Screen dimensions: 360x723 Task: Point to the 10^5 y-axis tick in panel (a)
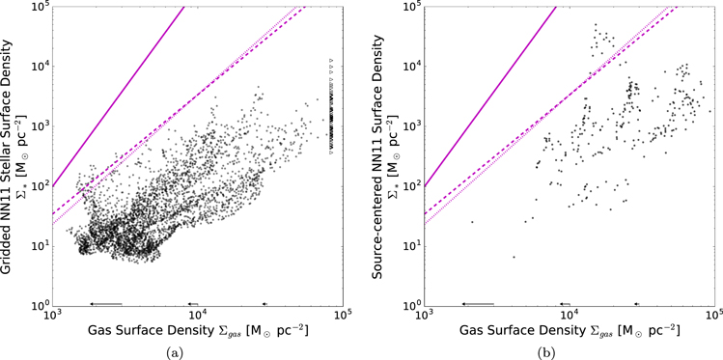pyautogui.click(x=38, y=7)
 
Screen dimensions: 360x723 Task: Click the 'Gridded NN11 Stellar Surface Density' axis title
pyautogui.click(x=9, y=154)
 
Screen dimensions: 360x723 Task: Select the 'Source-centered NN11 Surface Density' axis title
pyautogui.click(x=379, y=154)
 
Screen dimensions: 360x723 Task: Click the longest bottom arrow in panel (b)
pyautogui.click(x=477, y=303)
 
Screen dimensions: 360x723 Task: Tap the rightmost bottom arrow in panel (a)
pyautogui.click(x=265, y=303)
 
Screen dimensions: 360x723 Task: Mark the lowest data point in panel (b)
pyautogui.click(x=514, y=257)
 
